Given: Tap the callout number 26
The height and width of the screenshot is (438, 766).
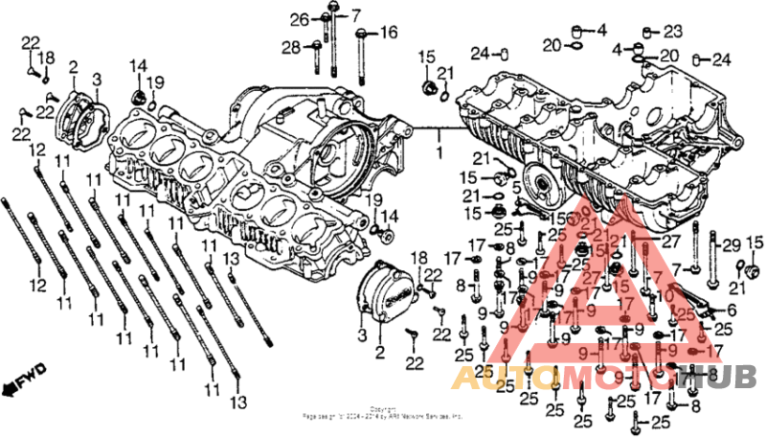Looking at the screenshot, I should coord(300,19).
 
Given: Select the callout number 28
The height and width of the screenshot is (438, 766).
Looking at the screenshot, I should coord(289,47).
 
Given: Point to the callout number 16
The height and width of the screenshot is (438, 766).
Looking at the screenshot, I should coord(388,33).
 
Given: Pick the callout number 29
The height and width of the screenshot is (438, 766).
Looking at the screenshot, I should coord(732,310).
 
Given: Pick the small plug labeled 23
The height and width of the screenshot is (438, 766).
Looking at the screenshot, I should coord(649,31).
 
